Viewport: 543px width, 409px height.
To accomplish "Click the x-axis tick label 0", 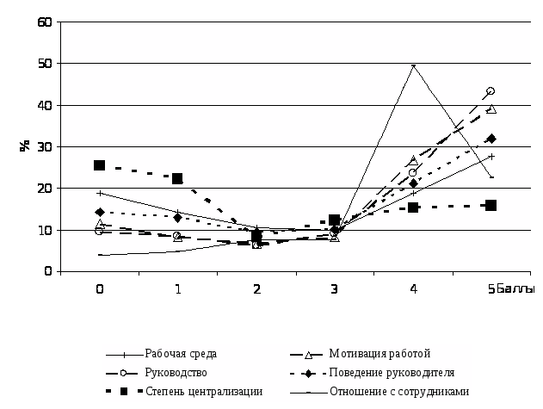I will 100,289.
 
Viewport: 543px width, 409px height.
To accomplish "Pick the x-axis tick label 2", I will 256,289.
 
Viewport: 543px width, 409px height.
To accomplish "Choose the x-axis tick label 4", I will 413,289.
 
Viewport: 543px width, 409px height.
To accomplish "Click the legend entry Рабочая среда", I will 181,354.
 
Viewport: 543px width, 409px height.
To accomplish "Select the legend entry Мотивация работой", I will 379,354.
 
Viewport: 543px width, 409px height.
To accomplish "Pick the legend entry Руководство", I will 176,373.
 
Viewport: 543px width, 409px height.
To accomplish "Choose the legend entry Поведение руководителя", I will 391,373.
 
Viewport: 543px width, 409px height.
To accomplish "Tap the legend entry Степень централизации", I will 203,392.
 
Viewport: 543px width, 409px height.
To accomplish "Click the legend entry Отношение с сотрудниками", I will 399,392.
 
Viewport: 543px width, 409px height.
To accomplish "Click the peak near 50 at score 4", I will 413,65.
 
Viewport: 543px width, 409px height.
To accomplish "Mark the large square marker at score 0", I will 100,165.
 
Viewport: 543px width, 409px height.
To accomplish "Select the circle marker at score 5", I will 491,90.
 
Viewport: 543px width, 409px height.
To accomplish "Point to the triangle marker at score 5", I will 491,109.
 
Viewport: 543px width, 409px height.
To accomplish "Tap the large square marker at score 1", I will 177,178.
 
